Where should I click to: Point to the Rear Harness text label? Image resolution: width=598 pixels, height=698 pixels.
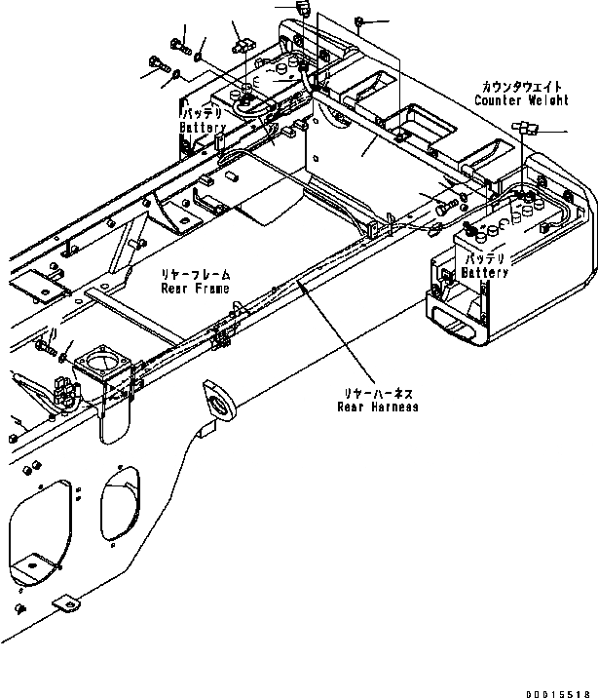click(x=377, y=407)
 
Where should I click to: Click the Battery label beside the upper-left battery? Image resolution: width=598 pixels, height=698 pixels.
click(x=203, y=128)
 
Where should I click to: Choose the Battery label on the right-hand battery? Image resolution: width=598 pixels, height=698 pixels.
click(x=484, y=273)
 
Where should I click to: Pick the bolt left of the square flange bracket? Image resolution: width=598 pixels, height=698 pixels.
click(x=45, y=344)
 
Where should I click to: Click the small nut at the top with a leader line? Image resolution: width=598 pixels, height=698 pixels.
click(x=360, y=20)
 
